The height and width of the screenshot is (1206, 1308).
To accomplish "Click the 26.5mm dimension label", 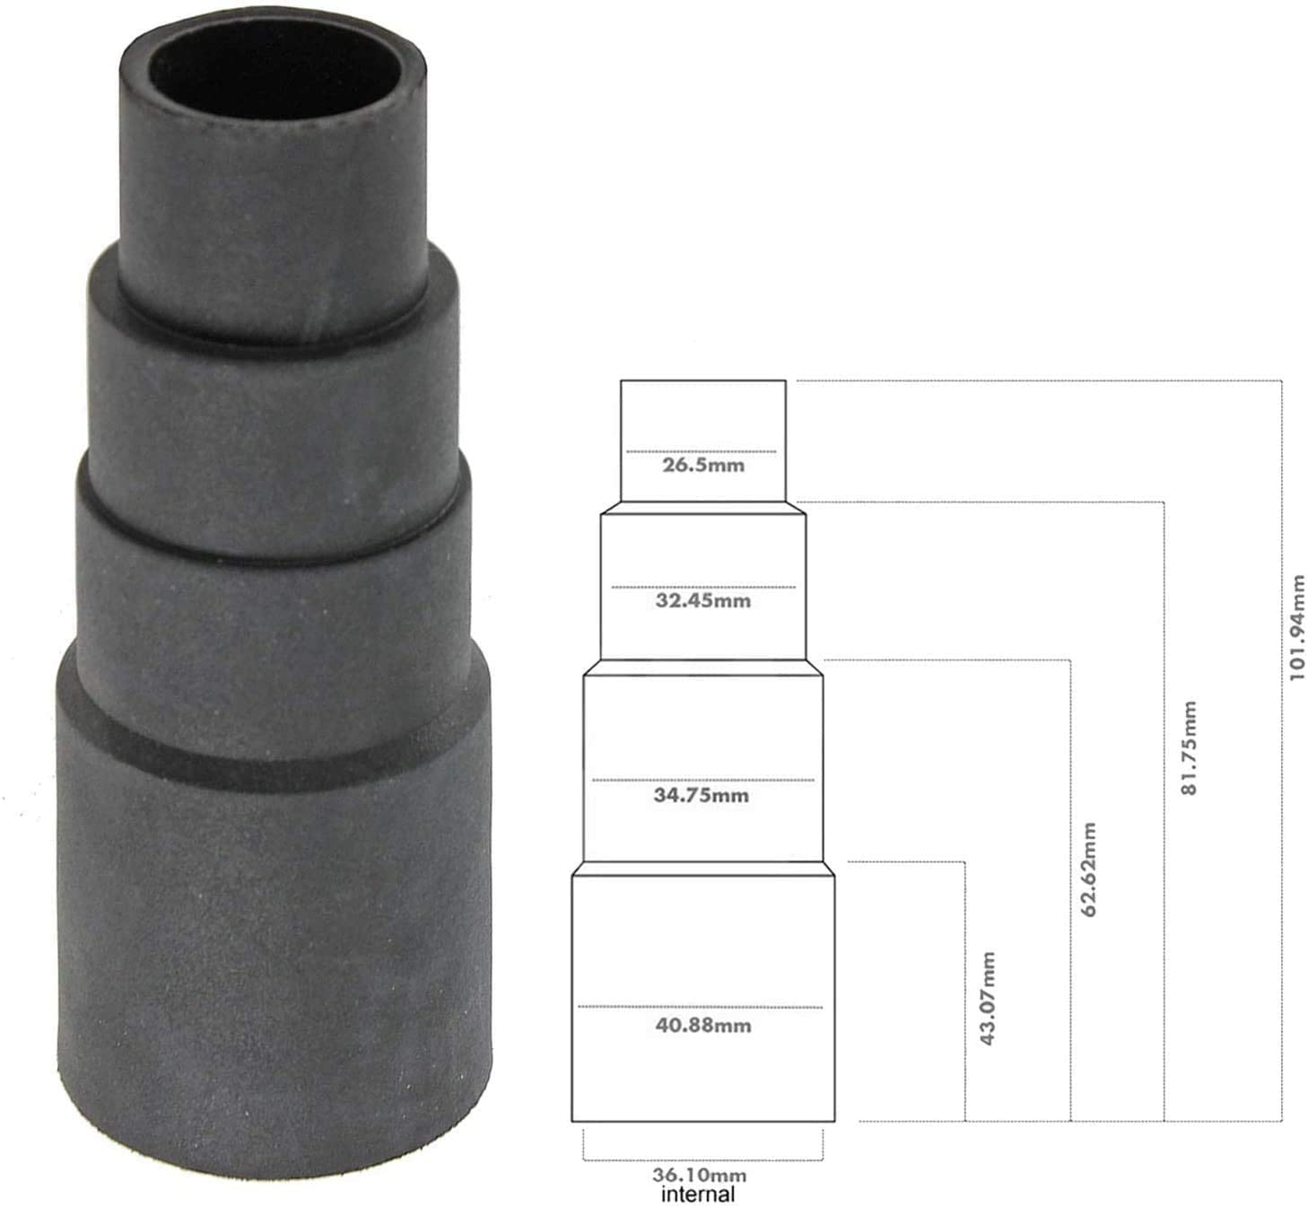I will pos(702,467).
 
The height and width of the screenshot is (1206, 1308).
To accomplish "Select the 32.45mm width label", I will pos(702,600).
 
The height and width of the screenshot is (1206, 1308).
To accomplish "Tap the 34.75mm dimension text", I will pos(701,796).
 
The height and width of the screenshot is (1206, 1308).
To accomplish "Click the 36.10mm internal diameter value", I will pos(699,1175).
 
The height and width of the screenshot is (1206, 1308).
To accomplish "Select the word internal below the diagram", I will pos(698,1193).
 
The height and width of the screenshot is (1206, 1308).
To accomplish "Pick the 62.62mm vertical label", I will pos(1090,869).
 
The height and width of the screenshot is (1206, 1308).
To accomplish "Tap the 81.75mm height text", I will pos(1189,749).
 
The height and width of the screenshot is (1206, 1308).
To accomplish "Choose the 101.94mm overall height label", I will pos(1296,628).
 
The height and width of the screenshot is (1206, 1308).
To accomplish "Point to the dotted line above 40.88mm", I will pos(700,1007).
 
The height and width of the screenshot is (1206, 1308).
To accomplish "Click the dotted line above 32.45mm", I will pos(702,587).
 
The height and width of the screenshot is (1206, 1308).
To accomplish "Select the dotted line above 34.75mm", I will pos(702,780).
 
